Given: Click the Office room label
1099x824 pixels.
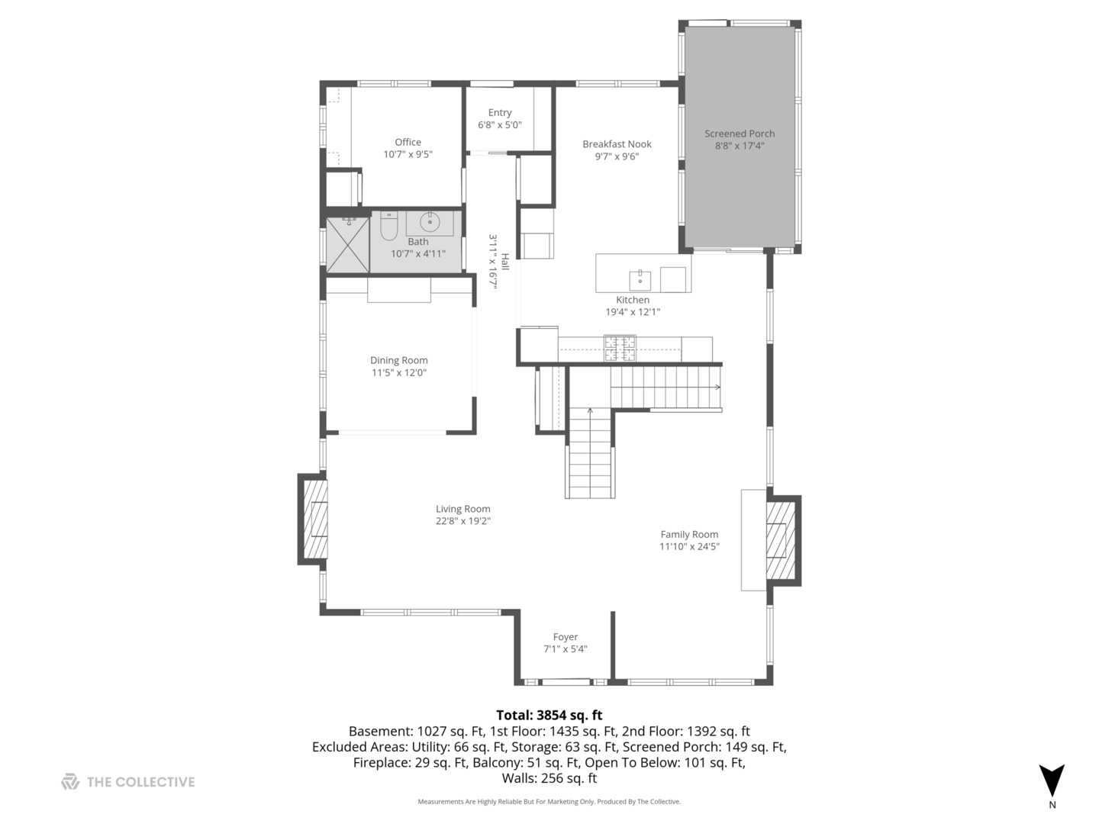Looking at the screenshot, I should click(408, 142).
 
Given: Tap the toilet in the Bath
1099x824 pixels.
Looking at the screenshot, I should click(389, 227).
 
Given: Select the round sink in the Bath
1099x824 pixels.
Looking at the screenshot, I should click(430, 223).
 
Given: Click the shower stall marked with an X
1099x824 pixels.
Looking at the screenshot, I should click(347, 244).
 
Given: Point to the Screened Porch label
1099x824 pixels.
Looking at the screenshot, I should click(739, 134).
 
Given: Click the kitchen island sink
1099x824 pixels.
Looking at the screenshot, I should click(640, 280).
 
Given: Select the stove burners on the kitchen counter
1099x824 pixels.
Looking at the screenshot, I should click(620, 348).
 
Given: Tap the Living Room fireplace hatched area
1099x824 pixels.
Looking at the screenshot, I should click(316, 520).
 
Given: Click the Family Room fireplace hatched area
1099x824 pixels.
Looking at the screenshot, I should click(777, 541).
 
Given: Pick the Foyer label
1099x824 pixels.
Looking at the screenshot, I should click(565, 637).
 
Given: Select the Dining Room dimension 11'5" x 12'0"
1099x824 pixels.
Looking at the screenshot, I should click(399, 373).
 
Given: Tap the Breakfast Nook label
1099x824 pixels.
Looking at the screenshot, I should click(617, 144).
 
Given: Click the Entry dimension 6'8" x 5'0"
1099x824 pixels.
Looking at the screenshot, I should click(500, 125).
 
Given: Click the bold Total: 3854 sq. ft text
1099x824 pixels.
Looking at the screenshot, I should click(549, 715).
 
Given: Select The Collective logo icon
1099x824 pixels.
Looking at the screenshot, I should click(70, 781).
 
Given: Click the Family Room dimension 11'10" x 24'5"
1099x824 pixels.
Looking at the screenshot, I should click(690, 546).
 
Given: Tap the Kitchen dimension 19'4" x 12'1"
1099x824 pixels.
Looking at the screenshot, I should click(633, 312).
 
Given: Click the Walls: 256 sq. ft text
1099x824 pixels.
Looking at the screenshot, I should click(549, 778).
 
